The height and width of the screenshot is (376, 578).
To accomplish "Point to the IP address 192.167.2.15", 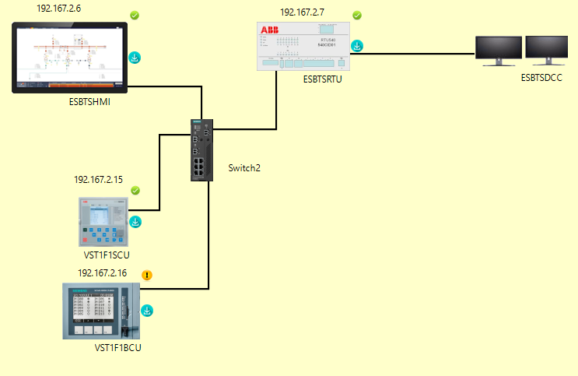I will point(98,180).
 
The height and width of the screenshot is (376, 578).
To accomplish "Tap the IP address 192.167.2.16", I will point(102,273).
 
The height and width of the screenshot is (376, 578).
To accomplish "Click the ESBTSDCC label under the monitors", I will point(541,79).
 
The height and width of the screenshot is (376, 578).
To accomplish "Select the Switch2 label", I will point(245,168).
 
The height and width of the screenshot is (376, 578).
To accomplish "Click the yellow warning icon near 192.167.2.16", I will point(147,275).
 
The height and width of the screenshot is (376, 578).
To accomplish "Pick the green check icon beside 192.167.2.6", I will point(134,16).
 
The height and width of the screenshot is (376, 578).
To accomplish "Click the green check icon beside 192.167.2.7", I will point(357,16).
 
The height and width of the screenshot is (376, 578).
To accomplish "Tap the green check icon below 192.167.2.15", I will point(135,191).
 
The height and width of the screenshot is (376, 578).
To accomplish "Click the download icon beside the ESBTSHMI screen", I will point(134,57).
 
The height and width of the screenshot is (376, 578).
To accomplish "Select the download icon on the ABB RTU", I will point(356,45).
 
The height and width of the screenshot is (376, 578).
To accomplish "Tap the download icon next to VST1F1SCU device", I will point(135,222).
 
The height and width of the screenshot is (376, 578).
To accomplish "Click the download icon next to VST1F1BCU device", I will point(146,311).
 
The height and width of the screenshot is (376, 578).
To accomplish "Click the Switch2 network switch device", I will point(202,150).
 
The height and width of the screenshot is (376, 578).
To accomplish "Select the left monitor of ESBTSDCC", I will point(499,51).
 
